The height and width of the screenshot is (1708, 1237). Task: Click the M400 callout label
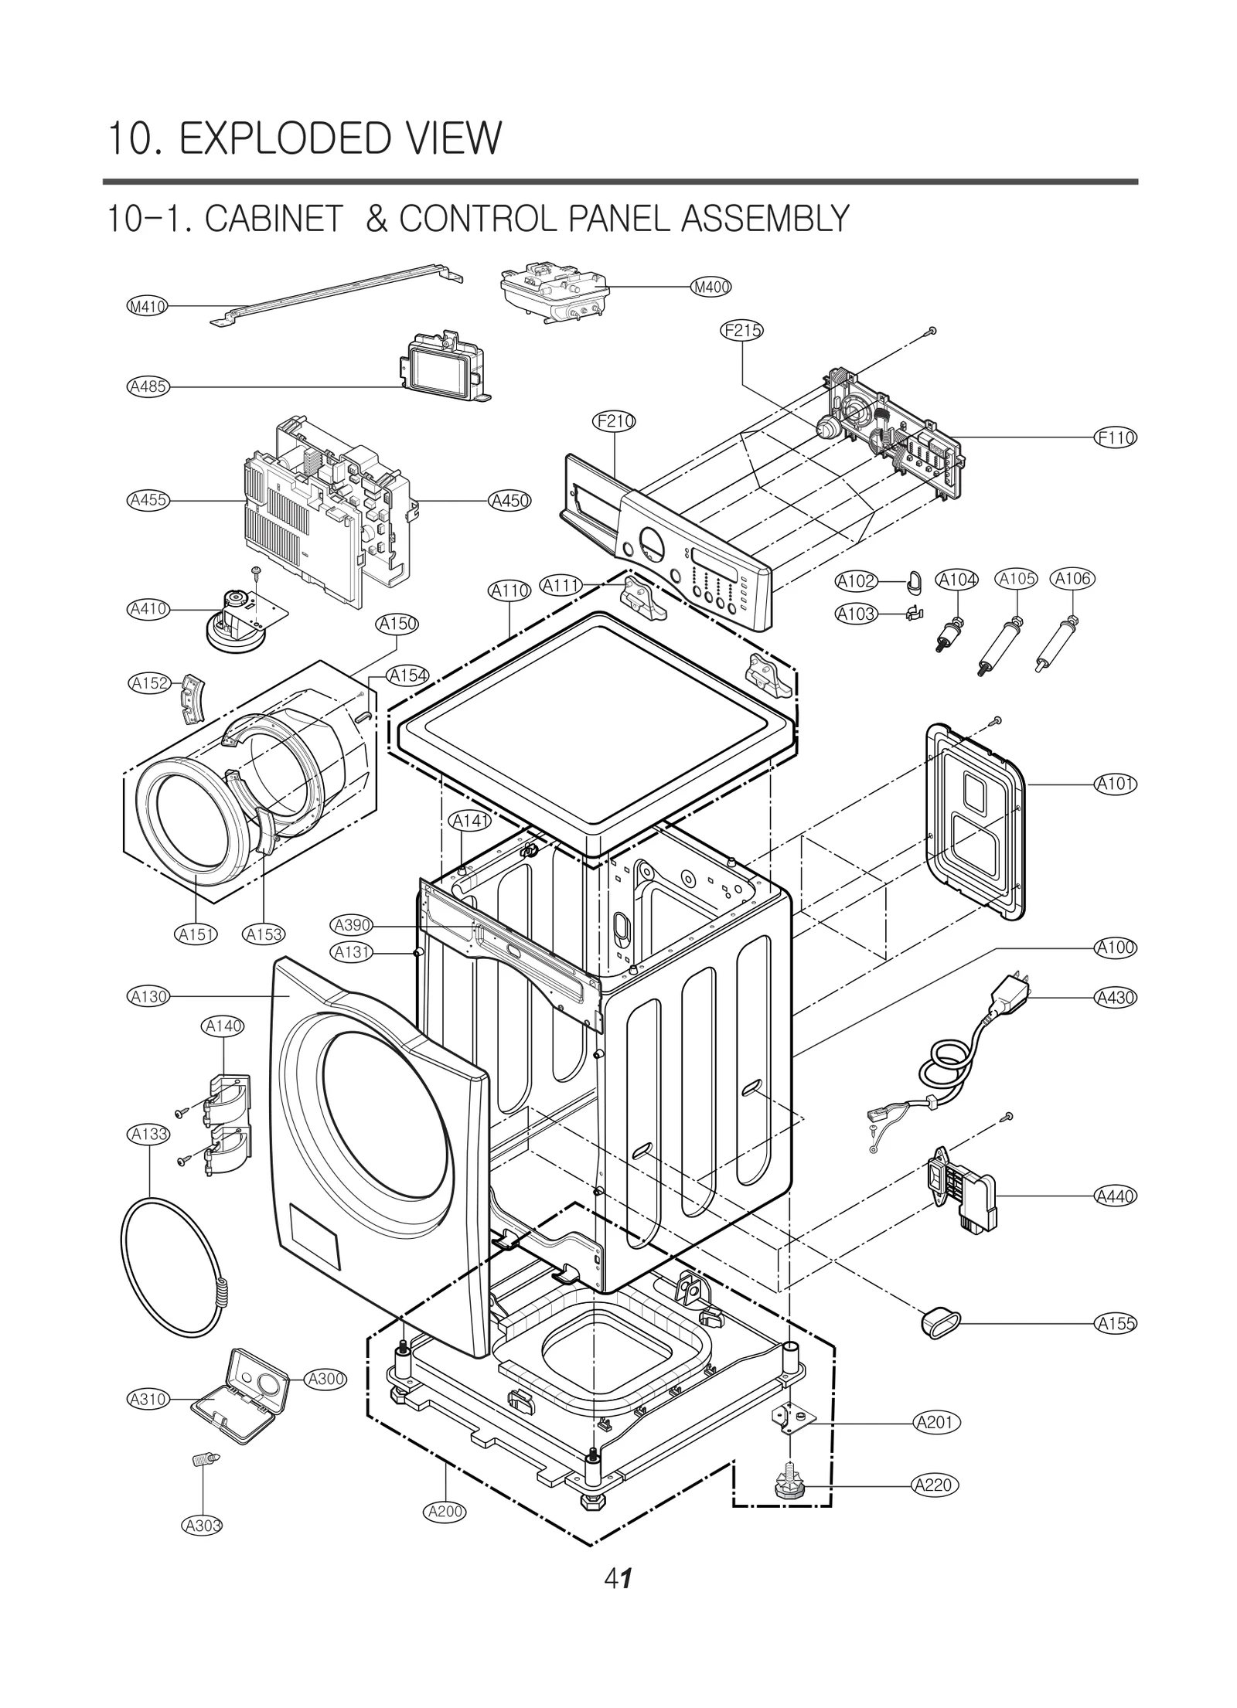pos(711,288)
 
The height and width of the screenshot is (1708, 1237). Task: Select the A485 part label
pos(148,386)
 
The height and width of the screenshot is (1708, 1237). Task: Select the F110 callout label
pos(1116,437)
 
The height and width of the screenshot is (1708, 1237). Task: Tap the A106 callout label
pos(1072,579)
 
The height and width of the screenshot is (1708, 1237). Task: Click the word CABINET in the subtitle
pos(274,219)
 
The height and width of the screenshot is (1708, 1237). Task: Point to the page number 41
pos(618,1580)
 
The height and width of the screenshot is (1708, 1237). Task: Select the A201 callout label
pos(936,1422)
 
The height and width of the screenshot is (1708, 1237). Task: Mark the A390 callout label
pos(352,925)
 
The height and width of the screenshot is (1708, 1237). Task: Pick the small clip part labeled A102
pos(914,580)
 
